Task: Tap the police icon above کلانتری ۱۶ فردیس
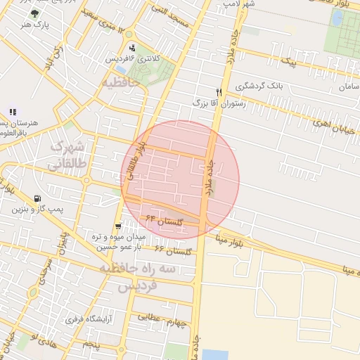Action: [x=132, y=48]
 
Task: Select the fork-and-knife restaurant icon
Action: [x=219, y=92]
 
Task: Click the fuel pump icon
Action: [x=37, y=199]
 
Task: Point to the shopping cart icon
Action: [x=118, y=226]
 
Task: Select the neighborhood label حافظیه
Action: [x=121, y=83]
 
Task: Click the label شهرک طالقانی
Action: [x=69, y=154]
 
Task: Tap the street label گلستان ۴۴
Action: [x=165, y=221]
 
